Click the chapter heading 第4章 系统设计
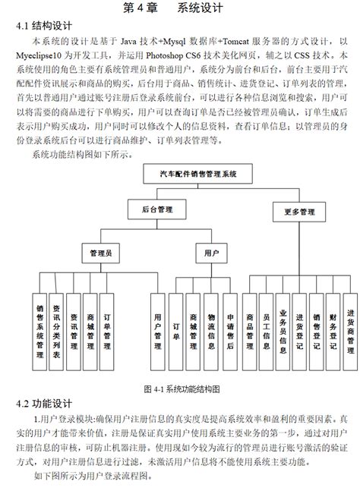[179, 8]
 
